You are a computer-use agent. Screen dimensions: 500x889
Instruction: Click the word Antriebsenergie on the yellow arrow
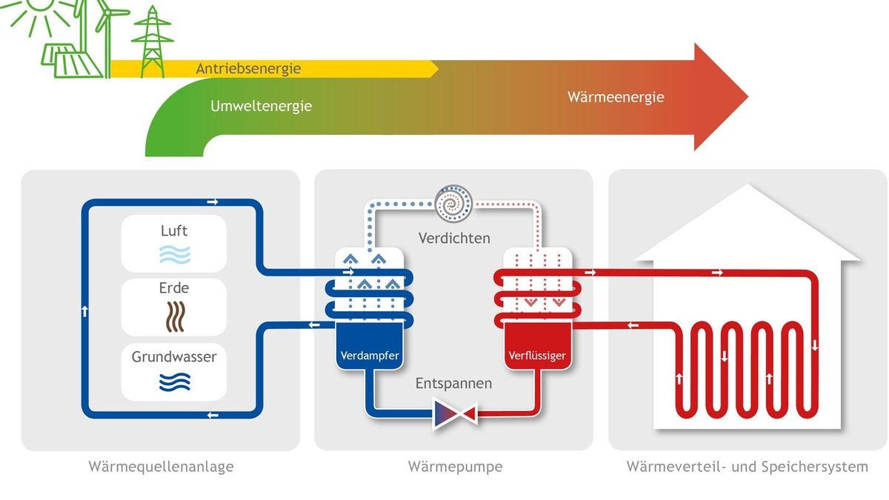[x=248, y=69]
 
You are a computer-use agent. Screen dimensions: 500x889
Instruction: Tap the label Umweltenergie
[x=261, y=106]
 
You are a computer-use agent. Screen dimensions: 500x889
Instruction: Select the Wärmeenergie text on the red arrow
[x=616, y=97]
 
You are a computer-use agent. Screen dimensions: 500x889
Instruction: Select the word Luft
[x=174, y=231]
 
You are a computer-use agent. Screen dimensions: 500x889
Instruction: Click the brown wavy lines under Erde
[x=174, y=314]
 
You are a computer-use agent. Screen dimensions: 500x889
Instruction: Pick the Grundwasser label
[x=174, y=357]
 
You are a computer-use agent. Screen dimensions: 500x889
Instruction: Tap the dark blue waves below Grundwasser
[x=174, y=381]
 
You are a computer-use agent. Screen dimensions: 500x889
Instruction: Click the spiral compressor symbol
[x=453, y=202]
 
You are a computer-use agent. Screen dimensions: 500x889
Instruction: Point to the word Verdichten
[x=454, y=239]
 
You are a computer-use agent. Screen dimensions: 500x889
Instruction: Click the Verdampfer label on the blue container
[x=369, y=356]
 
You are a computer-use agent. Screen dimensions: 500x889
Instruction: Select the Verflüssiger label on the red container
[x=537, y=356]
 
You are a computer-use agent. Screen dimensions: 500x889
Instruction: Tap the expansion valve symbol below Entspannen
[x=454, y=413]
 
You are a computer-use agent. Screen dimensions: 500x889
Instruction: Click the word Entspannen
[x=453, y=384]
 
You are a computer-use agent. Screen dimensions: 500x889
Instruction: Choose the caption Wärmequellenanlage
[x=161, y=467]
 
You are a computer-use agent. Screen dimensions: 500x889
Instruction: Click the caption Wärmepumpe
[x=455, y=467]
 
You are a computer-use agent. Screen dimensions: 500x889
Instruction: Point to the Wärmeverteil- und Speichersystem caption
[x=747, y=467]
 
